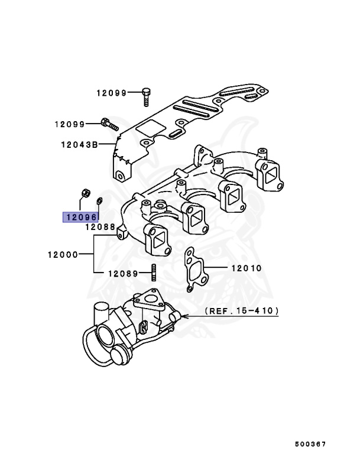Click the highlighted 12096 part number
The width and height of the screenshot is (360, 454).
pos(82,217)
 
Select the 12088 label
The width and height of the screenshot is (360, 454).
pos(99,227)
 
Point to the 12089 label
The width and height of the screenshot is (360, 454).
pos(121,274)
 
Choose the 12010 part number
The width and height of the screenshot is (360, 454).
pos(245,268)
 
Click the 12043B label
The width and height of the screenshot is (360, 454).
pos(79,144)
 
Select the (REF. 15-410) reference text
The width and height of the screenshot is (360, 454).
pos(242,310)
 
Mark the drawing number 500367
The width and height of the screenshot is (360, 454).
pos(311,443)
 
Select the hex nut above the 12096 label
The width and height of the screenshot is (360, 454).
pos(85,192)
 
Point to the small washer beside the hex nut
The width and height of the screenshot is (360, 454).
pos(99,199)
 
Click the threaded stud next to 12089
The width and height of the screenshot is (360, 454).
pos(153,274)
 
